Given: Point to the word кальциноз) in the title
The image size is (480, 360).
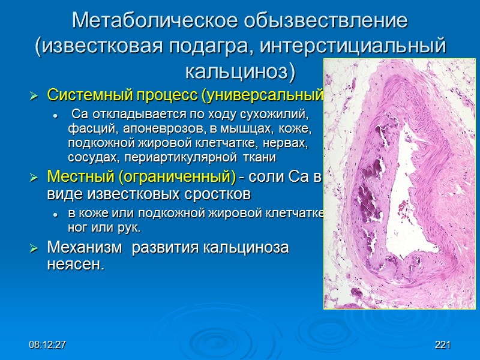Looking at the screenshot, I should tap(240, 72).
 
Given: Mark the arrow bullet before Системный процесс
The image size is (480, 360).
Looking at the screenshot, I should tap(34, 95).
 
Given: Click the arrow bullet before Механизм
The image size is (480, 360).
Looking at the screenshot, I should tap(34, 248).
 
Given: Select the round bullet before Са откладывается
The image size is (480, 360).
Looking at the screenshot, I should tap(55, 115).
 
